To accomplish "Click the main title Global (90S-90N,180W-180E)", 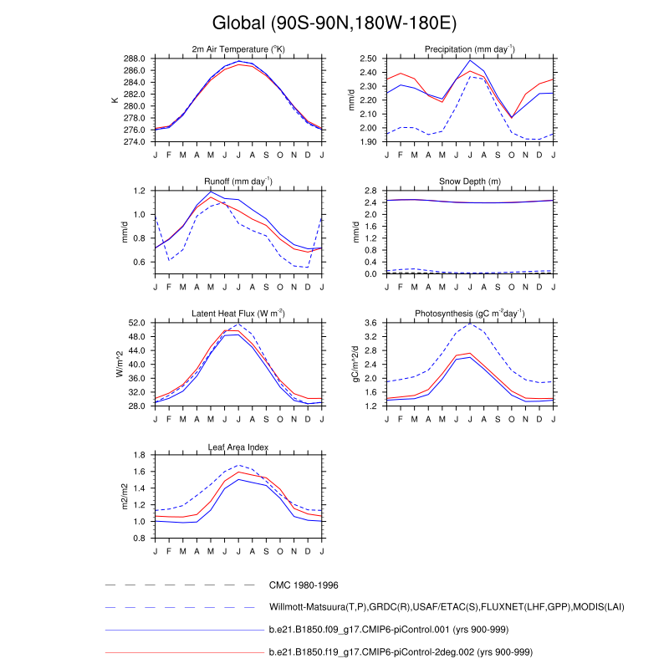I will pos(334,22).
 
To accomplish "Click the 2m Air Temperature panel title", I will pos(238,49).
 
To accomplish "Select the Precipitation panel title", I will pos(469,49).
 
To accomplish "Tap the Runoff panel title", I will pos(238,181).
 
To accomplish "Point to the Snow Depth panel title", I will pos(469,181).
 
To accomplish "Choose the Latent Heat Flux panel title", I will pos(238,313).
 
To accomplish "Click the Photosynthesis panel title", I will pos(469,313).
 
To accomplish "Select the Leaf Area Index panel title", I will pos(238,446).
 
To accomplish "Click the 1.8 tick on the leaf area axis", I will pos(141,455).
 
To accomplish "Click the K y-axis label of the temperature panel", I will pos(115,100).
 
